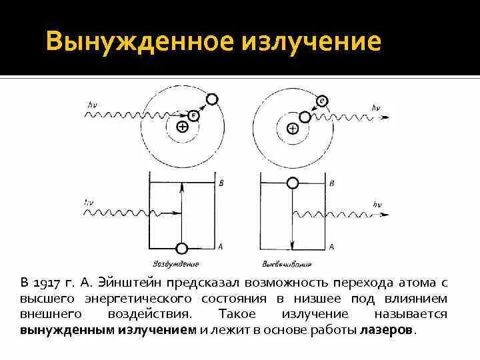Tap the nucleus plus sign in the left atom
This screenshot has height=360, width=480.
click(182, 127)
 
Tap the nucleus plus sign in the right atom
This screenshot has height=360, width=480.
click(292, 128)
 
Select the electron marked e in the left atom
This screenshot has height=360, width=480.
click(195, 115)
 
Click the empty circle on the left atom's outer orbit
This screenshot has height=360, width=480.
click(212, 99)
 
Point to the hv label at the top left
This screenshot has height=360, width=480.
click(92, 104)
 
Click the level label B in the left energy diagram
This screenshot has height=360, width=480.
click(221, 181)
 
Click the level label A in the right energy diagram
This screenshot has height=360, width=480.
click(331, 246)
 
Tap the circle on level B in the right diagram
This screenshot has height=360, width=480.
click(291, 182)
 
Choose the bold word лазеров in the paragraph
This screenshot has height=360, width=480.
click(386, 330)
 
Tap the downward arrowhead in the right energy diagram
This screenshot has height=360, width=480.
click(291, 241)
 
